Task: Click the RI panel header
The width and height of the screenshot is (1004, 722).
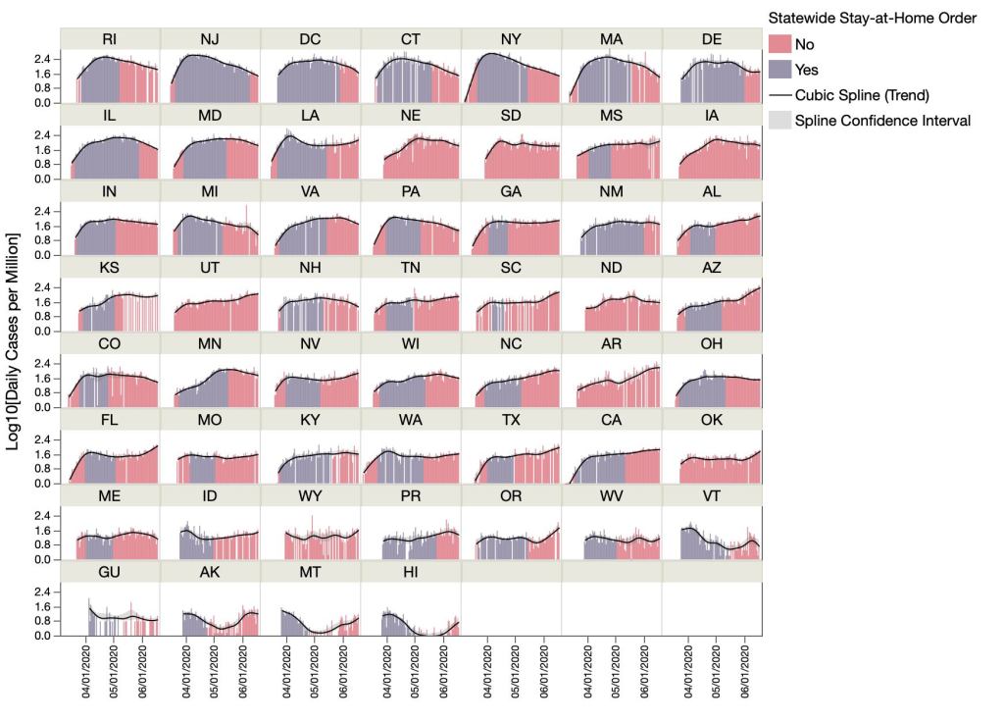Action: (x=110, y=38)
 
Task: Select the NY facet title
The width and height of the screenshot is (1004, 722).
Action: (x=512, y=38)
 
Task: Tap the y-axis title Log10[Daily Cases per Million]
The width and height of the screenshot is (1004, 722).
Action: (x=15, y=341)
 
